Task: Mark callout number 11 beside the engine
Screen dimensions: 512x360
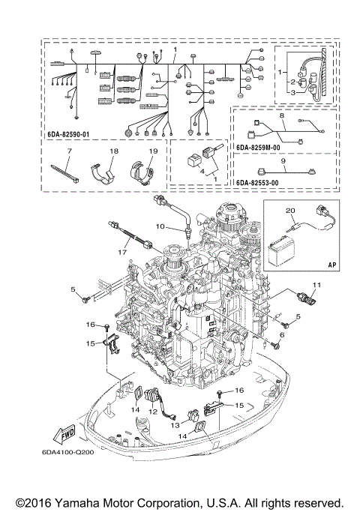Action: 316,284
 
